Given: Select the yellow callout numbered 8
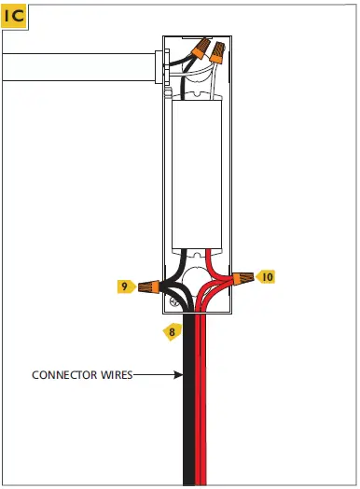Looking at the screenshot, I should [x=172, y=331].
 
